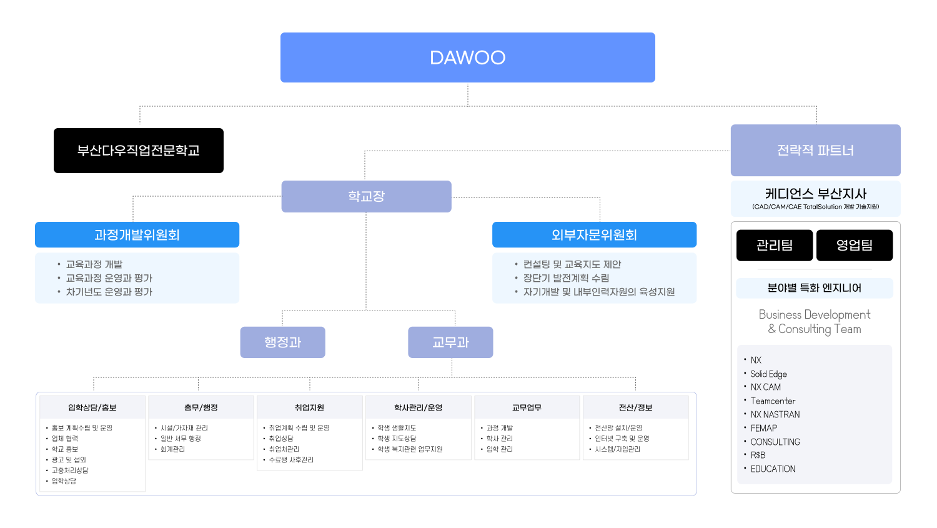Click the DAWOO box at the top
pos(467,57)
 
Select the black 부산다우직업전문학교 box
pos(139,151)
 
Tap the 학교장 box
pos(366,196)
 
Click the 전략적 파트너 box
pos(815,151)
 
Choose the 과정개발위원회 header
pos(137,235)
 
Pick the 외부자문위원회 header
pos(594,235)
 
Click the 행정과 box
pos(282,342)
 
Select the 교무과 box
pos(450,342)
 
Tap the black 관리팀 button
pos(775,245)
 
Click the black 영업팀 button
pos(855,245)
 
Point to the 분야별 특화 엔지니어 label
pos(815,288)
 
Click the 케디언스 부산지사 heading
pos(815,194)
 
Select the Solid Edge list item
pos(768,374)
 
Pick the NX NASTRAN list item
pos(775,414)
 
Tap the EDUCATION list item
pos(773,469)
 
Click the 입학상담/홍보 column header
pos(92,407)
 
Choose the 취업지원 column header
pos(309,407)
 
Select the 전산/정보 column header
pos(635,407)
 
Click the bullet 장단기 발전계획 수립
pos(566,278)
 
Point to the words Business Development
pos(815,314)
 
